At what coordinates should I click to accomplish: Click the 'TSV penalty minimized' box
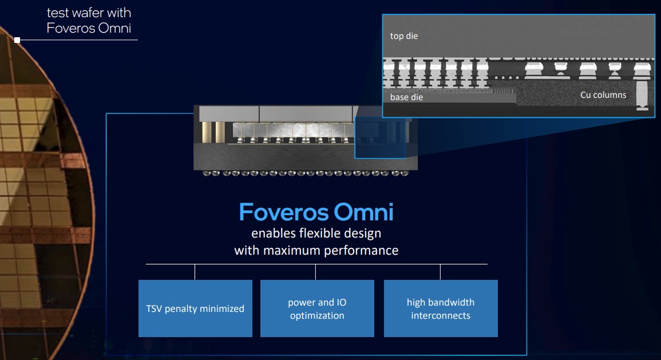(x=195, y=308)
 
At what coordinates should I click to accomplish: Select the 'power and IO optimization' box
(x=317, y=308)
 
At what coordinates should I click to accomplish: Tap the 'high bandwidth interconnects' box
(x=441, y=308)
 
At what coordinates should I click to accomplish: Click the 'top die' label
(x=404, y=36)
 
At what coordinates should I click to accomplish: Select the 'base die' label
(x=406, y=97)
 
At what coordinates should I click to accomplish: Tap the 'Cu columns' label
(x=603, y=95)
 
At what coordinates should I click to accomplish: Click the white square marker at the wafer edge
(x=17, y=40)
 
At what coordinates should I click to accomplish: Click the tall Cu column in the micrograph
(x=642, y=94)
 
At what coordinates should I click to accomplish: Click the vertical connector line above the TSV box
(x=195, y=272)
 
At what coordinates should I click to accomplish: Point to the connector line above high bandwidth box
(x=440, y=272)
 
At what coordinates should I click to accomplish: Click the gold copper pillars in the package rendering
(x=213, y=132)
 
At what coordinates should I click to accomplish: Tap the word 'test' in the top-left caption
(x=57, y=13)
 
